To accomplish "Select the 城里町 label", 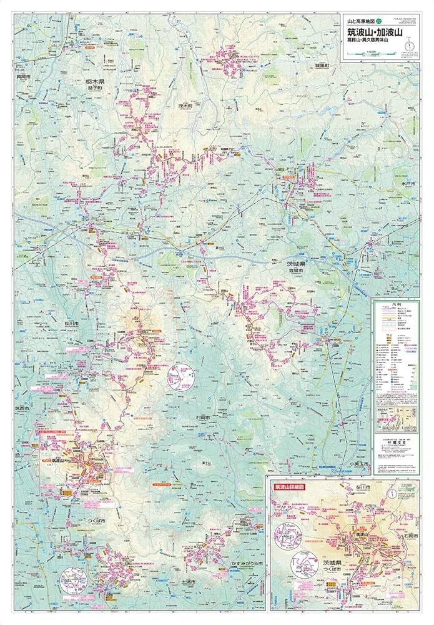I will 322,64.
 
